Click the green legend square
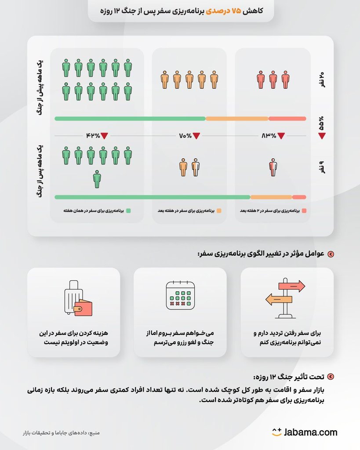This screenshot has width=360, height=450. coord(128,210)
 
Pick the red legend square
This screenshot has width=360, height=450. coord(304,210)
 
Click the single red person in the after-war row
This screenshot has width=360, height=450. coord(273,167)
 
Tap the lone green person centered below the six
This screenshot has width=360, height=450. coord(97,178)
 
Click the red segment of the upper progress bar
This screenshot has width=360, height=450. coord(287,118)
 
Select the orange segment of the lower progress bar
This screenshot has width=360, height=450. coord(271,197)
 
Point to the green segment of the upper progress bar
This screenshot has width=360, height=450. coord(130,118)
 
